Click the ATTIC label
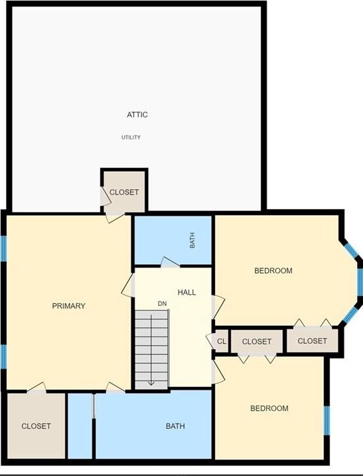(137, 114)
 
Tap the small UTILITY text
(131, 137)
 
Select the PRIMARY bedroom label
(68, 305)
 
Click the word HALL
(186, 292)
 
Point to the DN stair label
(162, 303)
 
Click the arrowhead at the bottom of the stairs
(151, 384)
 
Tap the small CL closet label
(222, 341)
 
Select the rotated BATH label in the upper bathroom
(192, 240)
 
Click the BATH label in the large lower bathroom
(175, 426)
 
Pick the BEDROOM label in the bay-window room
(273, 270)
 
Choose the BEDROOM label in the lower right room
(269, 408)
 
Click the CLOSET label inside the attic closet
(124, 192)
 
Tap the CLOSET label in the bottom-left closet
(36, 426)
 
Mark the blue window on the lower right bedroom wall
(327, 420)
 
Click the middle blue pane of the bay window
(360, 281)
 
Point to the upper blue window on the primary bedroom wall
(3, 248)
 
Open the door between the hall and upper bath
(170, 262)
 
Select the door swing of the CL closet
(210, 342)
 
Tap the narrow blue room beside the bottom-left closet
(80, 426)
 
